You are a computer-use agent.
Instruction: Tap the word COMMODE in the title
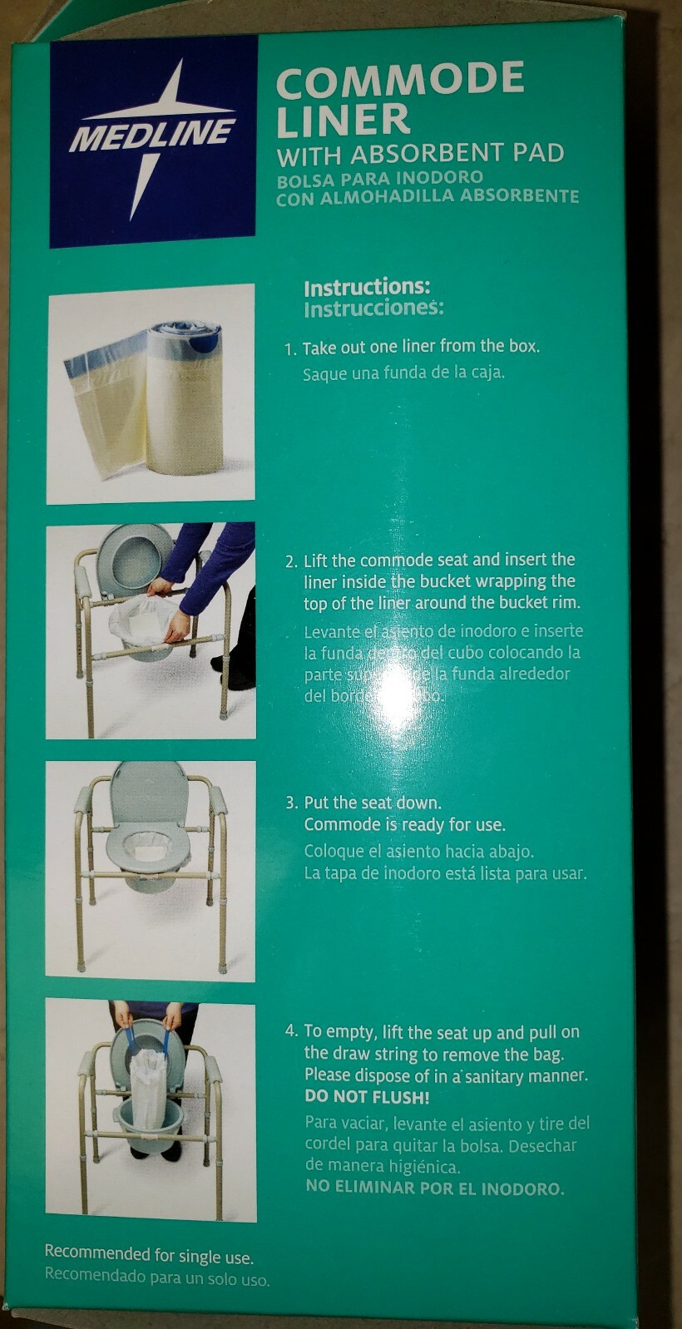(x=399, y=80)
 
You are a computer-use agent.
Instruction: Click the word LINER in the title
(x=343, y=120)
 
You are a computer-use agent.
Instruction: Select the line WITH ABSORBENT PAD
(x=420, y=154)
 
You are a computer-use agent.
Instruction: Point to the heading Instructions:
(x=367, y=288)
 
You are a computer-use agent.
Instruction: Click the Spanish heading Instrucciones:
(x=373, y=309)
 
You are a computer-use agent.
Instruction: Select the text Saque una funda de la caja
(x=403, y=373)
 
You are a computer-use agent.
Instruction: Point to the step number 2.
(x=289, y=561)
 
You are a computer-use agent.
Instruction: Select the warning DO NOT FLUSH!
(x=367, y=1098)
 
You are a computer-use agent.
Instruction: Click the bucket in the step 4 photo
(x=149, y=1124)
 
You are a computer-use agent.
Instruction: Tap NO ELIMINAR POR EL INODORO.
(x=434, y=1188)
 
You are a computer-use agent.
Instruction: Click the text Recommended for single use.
(x=149, y=1254)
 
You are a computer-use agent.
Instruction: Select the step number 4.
(x=289, y=1032)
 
